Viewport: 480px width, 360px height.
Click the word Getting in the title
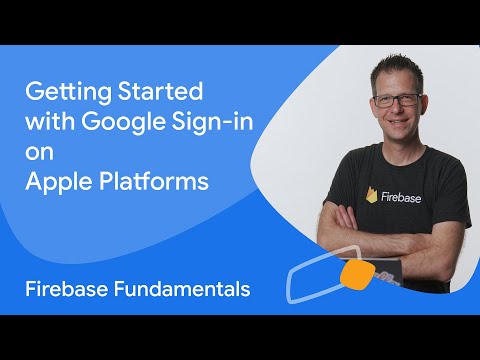click(x=61, y=93)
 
